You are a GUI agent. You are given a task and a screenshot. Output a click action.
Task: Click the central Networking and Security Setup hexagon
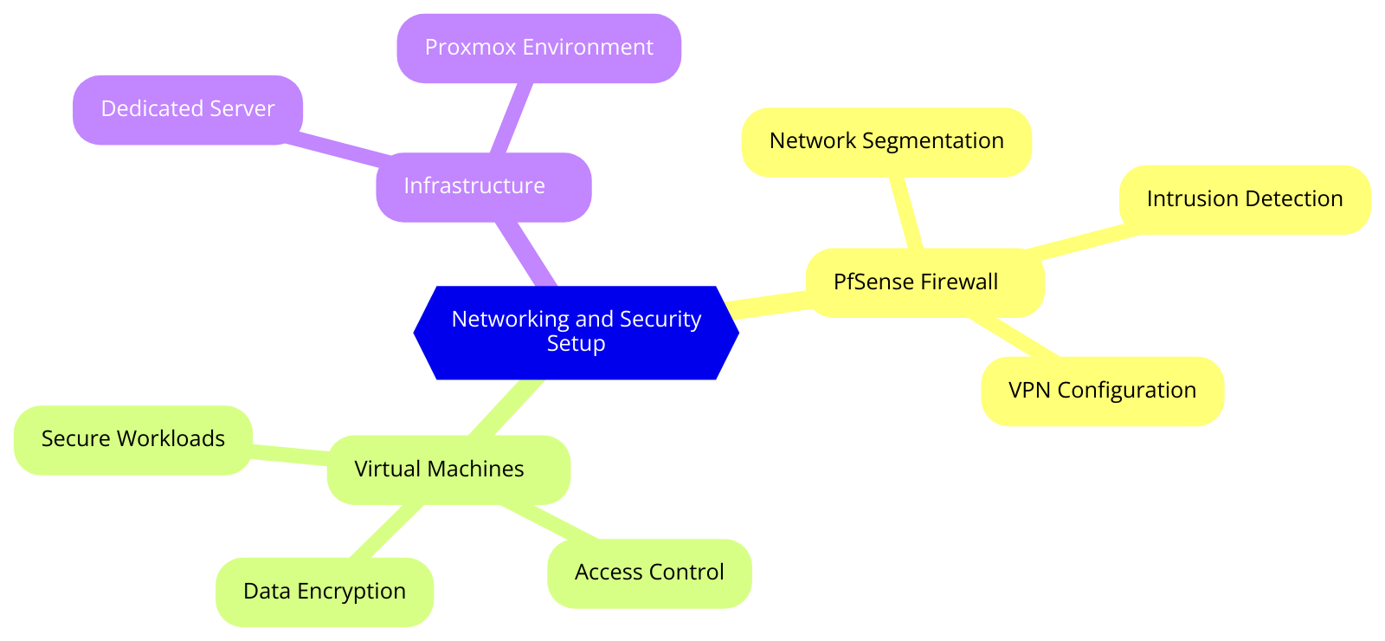coord(576,332)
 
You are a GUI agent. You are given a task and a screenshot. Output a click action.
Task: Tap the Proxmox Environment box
coord(538,48)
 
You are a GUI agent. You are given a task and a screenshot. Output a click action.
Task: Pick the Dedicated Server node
coord(187,109)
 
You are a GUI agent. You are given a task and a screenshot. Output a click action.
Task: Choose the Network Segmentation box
coord(886,141)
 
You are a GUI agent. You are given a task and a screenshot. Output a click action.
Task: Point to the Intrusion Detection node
coord(1244,199)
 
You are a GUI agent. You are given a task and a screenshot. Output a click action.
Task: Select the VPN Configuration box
coord(1102,391)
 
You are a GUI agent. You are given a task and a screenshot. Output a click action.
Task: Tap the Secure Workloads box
coord(133,439)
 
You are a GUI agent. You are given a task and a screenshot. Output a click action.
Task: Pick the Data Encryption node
coord(324,592)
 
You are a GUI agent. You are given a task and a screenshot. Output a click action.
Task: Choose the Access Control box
coord(649,573)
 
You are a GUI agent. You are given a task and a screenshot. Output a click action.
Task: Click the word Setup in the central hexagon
coord(576,344)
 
